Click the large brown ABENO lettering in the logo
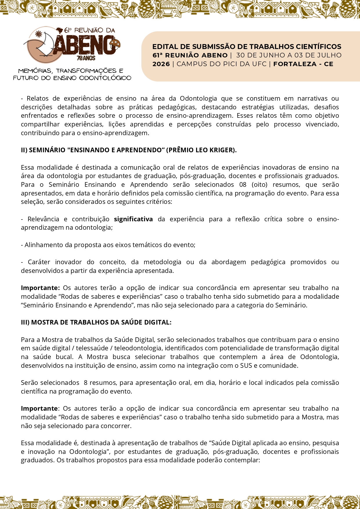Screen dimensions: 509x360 tap(84, 45)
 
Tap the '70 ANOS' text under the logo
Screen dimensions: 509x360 tap(86, 58)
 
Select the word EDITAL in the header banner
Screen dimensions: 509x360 tap(162, 47)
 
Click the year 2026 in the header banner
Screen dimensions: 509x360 tap(161, 64)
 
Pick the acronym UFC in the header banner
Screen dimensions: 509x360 tap(259, 64)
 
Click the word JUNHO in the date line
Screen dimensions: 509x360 tap(274, 55)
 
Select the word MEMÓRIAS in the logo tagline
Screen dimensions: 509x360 tap(35, 71)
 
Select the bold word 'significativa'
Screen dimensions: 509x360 tap(133, 219)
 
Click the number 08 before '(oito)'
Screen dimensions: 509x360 tap(243, 185)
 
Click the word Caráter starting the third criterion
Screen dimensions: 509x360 tap(39, 262)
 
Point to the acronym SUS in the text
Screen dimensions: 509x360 tap(246, 366)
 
